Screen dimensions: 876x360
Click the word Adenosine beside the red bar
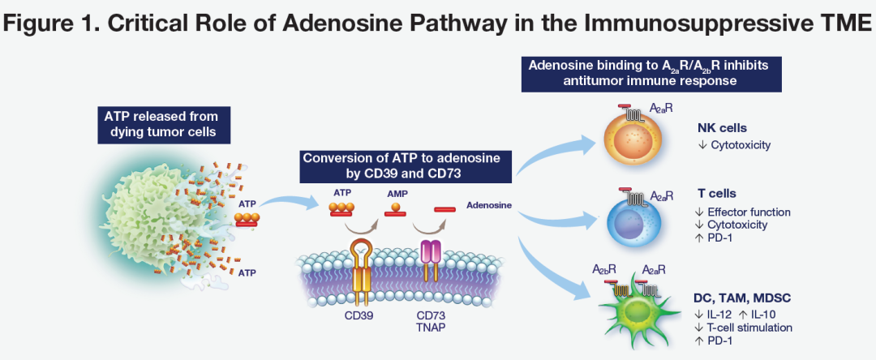[x=489, y=205]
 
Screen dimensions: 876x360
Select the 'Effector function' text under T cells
[x=749, y=212]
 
